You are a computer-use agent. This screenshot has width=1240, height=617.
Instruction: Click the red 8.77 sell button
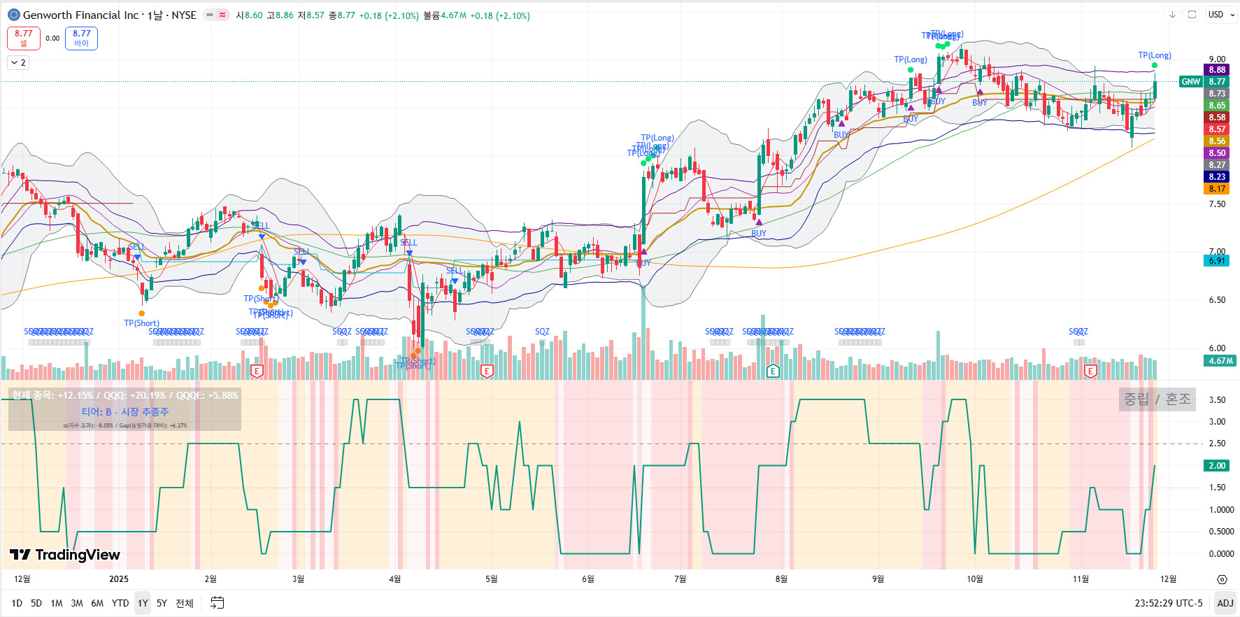coord(23,38)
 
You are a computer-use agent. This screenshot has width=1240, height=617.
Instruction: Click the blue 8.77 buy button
coord(81,38)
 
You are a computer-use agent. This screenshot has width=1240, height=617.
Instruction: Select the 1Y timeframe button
coord(143,603)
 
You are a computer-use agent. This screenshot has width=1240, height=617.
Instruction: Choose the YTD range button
coord(120,603)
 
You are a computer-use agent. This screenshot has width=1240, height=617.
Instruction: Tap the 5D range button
coord(36,603)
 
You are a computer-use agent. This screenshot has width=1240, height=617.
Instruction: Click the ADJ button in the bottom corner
coord(1225,603)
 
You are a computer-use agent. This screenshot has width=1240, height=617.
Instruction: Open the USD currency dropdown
coord(1221,15)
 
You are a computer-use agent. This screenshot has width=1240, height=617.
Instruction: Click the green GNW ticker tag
coord(1190,82)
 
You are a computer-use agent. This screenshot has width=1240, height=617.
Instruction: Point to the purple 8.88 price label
coord(1217,70)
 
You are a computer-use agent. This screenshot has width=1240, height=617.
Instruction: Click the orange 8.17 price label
coord(1217,189)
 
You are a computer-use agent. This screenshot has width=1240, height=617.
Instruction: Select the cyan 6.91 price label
coord(1217,261)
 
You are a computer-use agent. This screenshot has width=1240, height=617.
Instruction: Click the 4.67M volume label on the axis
coord(1220,361)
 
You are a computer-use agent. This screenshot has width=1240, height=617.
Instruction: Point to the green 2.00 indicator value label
coord(1217,466)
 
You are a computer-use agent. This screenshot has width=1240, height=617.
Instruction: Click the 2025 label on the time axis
coord(119,579)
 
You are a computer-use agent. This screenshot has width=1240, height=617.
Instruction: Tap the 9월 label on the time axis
coord(878,579)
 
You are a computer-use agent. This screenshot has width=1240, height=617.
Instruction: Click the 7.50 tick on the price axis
coord(1217,204)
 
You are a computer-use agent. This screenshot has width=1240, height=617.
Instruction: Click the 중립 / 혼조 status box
coord(1157,399)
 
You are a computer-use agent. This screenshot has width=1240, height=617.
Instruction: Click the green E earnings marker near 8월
coord(773,371)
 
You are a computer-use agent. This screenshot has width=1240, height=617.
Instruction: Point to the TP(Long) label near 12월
coord(1154,55)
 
